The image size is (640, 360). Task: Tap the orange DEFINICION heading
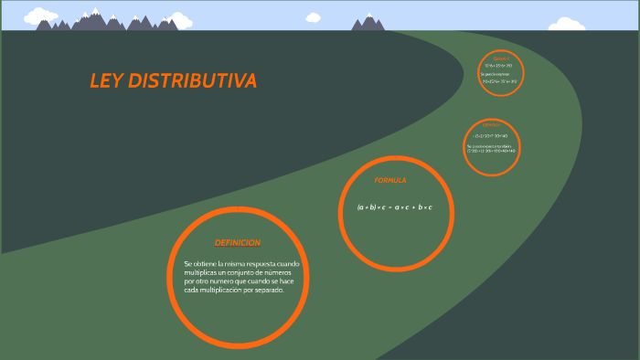(x=238, y=243)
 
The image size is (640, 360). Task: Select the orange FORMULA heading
(x=390, y=181)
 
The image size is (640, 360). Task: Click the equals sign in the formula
(x=389, y=207)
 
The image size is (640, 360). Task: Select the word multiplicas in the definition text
(x=202, y=272)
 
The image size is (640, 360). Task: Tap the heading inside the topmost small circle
(x=500, y=58)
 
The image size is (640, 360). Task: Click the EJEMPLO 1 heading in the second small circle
(x=492, y=124)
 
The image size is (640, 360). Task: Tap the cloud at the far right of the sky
(x=567, y=25)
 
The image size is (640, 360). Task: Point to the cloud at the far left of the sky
(x=38, y=16)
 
